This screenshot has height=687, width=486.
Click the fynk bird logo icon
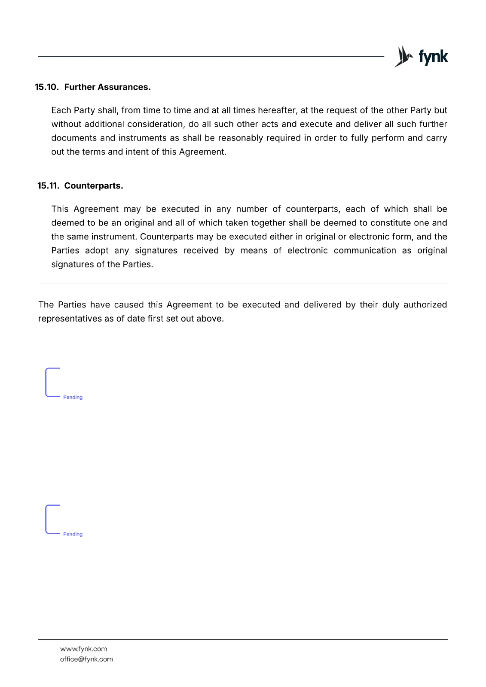(403, 57)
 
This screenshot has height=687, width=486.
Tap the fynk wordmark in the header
(433, 57)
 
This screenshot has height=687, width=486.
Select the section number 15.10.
(47, 87)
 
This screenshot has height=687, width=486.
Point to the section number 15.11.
(48, 186)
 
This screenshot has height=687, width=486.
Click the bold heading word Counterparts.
(93, 186)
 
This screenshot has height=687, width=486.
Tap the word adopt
(97, 250)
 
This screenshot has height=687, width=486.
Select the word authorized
(425, 305)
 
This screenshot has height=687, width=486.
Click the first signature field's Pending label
(73, 397)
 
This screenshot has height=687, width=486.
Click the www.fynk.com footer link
(83, 649)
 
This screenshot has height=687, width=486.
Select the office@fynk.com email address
(86, 659)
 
